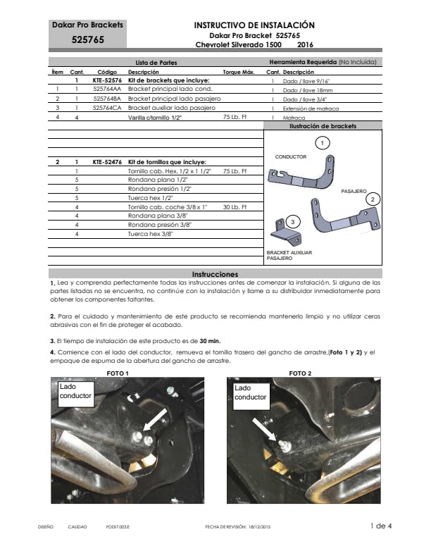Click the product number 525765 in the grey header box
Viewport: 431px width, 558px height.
coord(87,40)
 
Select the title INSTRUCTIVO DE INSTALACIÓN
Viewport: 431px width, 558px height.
coord(254,25)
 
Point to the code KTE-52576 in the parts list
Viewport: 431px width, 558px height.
coord(107,80)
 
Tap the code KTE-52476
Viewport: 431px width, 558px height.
coord(107,162)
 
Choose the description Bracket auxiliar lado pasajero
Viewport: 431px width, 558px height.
coord(169,108)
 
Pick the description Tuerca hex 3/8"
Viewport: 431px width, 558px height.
coord(150,233)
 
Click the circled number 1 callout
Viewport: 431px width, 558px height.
coord(322,143)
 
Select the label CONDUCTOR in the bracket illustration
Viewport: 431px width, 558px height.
coord(289,156)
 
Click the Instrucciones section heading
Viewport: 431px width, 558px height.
coord(215,273)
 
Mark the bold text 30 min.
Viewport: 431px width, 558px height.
coord(210,340)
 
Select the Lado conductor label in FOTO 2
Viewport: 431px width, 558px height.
coord(250,392)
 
